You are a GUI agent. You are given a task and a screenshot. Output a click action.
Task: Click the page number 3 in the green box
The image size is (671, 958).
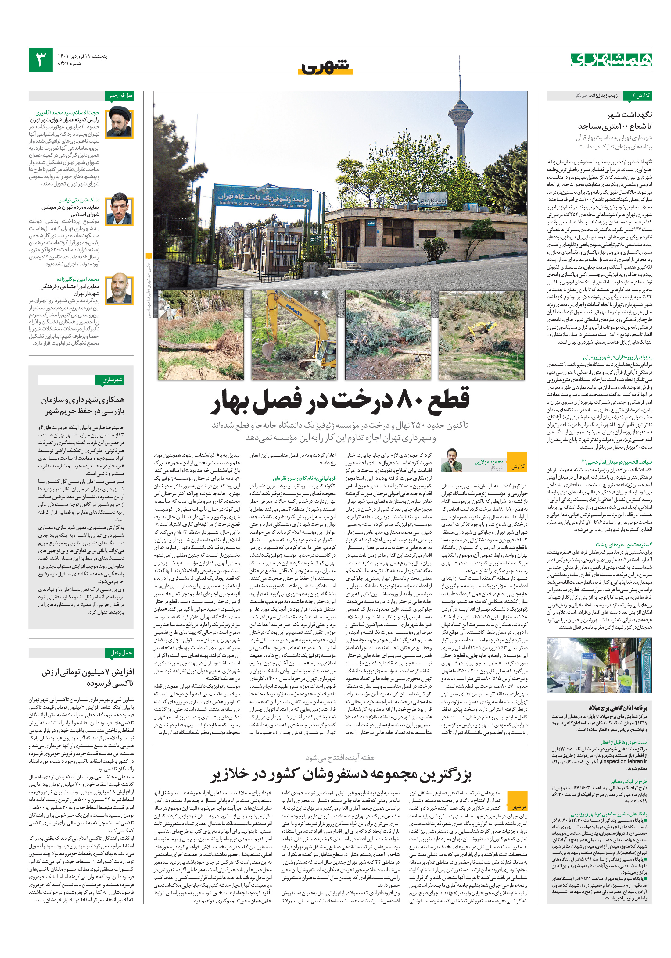coord(41,60)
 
